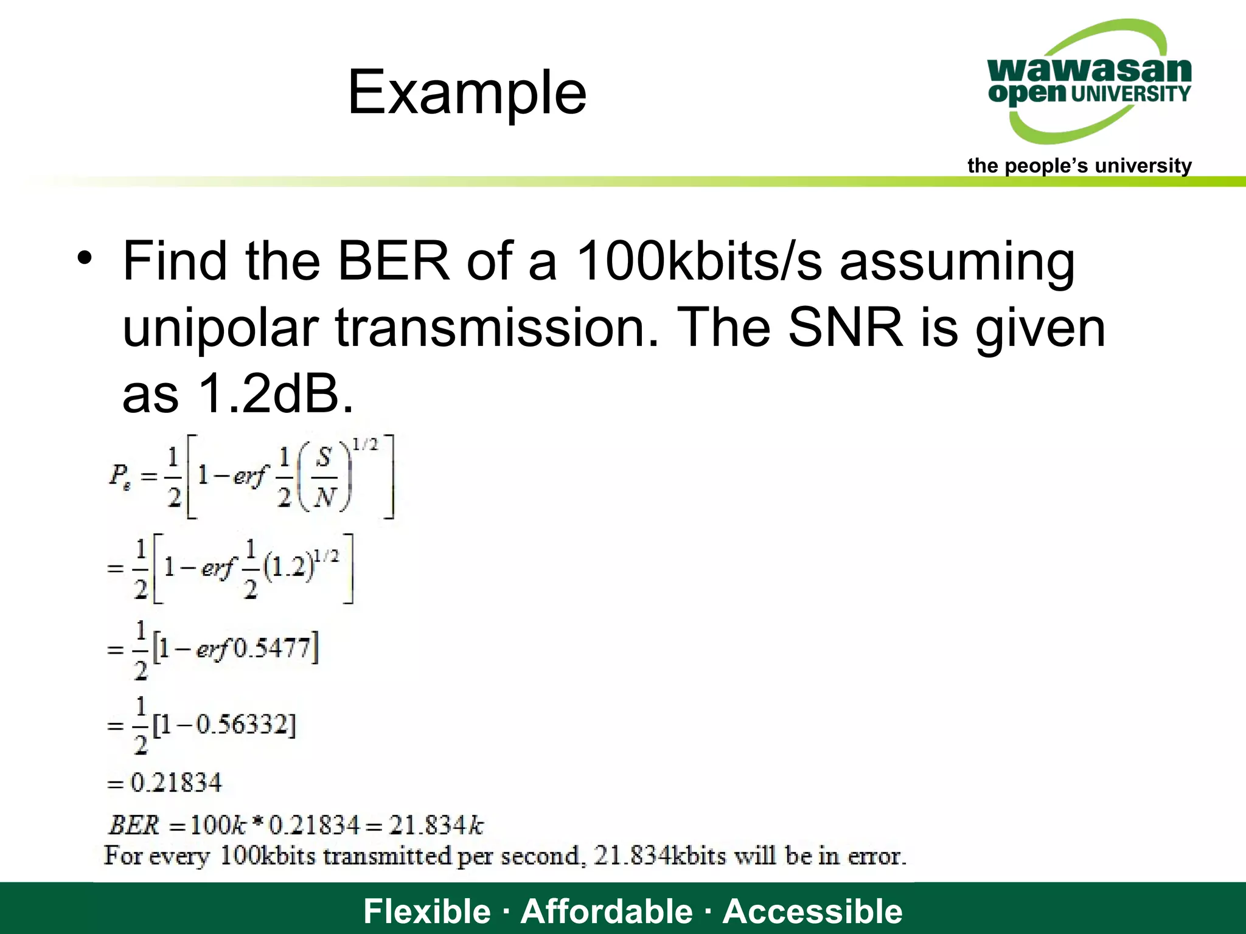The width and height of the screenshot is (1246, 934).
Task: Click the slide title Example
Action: click(467, 92)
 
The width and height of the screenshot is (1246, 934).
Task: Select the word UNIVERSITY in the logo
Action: click(1130, 94)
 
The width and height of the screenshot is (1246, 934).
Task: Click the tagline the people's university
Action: click(1079, 165)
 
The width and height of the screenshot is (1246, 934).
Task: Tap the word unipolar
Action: click(221, 328)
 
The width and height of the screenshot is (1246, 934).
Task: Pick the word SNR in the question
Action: click(845, 328)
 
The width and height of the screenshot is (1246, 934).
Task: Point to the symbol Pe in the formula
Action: click(120, 475)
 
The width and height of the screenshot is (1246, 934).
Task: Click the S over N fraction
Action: click(325, 477)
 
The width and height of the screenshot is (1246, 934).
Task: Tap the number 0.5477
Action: click(273, 649)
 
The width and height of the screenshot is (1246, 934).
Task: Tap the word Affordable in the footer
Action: click(607, 911)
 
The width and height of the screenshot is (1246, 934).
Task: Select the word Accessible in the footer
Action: click(812, 911)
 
